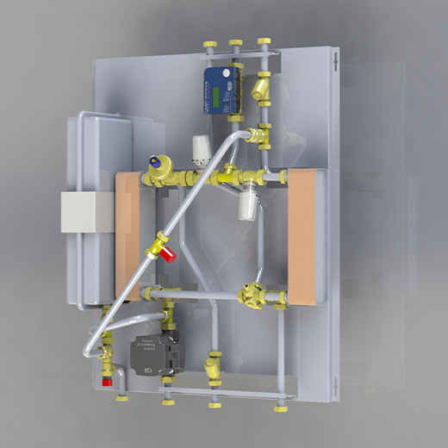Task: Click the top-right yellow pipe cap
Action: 263,41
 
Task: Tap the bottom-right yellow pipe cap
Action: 279,402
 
